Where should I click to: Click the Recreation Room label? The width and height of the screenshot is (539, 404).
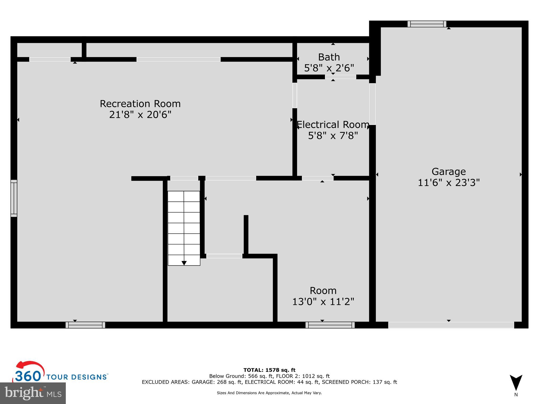pyautogui.click(x=140, y=104)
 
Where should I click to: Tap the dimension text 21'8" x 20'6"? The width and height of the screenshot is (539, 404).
pyautogui.click(x=140, y=115)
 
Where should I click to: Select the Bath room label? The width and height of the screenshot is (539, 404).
pyautogui.click(x=329, y=57)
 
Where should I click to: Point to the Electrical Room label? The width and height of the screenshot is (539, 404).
pyautogui.click(x=333, y=124)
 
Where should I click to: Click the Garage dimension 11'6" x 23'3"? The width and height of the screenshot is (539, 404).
pyautogui.click(x=448, y=183)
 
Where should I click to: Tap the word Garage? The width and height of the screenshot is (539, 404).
pyautogui.click(x=448, y=171)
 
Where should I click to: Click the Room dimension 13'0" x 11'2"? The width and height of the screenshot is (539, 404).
pyautogui.click(x=323, y=301)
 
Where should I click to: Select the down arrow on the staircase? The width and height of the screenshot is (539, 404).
pyautogui.click(x=184, y=263)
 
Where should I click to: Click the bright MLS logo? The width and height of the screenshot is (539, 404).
pyautogui.click(x=33, y=393)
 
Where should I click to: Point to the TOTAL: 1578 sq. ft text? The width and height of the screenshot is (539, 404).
pyautogui.click(x=269, y=370)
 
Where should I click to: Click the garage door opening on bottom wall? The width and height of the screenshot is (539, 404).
pyautogui.click(x=451, y=325)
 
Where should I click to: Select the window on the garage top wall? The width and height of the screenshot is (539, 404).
pyautogui.click(x=427, y=24)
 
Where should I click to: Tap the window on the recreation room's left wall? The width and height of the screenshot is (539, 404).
pyautogui.click(x=14, y=198)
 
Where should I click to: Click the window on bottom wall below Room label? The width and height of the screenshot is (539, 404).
pyautogui.click(x=330, y=325)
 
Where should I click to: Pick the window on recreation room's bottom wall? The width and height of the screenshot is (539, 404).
pyautogui.click(x=85, y=325)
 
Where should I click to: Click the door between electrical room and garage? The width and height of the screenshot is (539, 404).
pyautogui.click(x=372, y=104)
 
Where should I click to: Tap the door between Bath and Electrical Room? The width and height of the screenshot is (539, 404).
pyautogui.click(x=340, y=77)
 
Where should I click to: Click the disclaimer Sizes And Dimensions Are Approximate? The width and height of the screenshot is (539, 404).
pyautogui.click(x=269, y=393)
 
